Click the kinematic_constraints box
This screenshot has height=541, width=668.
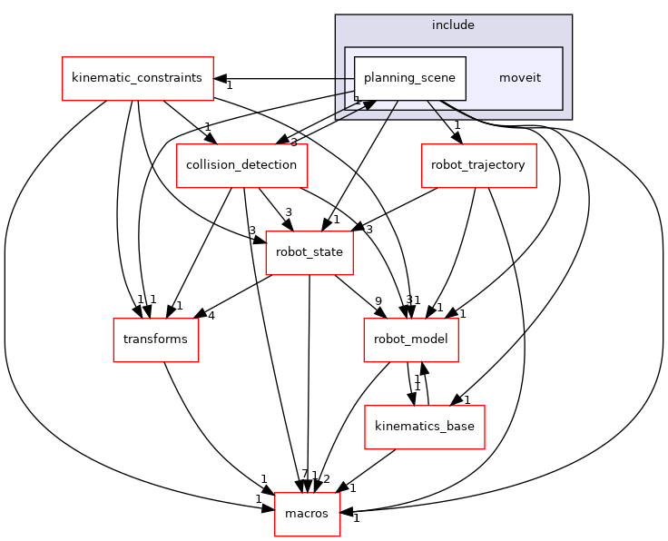click(x=137, y=78)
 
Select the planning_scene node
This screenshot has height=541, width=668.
click(x=410, y=78)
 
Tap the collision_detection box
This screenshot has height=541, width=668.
click(x=241, y=165)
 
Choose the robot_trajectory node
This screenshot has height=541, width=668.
click(x=478, y=165)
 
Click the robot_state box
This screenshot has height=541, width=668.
click(x=309, y=252)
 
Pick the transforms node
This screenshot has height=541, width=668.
click(x=155, y=339)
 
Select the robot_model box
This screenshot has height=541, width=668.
click(x=410, y=339)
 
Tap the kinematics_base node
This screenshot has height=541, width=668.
click(x=425, y=427)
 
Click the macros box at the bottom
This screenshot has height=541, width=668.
click(x=307, y=514)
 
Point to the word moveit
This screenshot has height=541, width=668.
click(x=519, y=78)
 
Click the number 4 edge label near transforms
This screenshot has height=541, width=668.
click(x=211, y=316)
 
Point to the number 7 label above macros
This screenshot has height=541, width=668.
click(x=304, y=475)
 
